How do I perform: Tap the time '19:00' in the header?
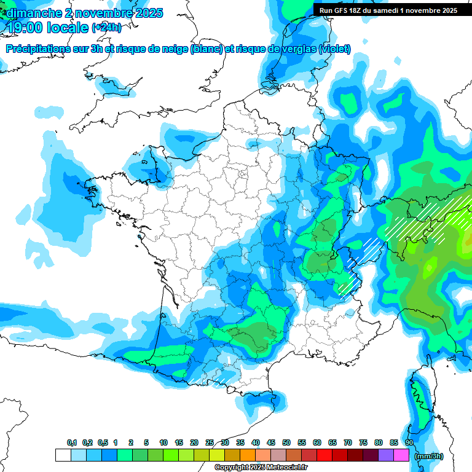point(26,27)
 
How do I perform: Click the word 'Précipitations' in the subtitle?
point(43,49)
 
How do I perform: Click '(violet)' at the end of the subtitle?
point(335,49)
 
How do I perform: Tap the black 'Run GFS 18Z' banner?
point(388,10)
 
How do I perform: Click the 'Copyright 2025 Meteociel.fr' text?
point(261,468)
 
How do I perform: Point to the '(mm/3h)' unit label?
point(429,456)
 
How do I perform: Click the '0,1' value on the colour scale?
point(72,443)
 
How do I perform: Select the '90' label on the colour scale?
point(409,443)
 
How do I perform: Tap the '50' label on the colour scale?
point(286,443)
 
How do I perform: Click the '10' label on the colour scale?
point(163,443)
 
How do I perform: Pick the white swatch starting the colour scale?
point(63,455)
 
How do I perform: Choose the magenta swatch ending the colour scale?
point(401,455)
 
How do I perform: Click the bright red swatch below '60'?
point(324,455)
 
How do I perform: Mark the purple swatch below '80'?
point(386,455)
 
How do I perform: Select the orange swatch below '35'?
point(248,455)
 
